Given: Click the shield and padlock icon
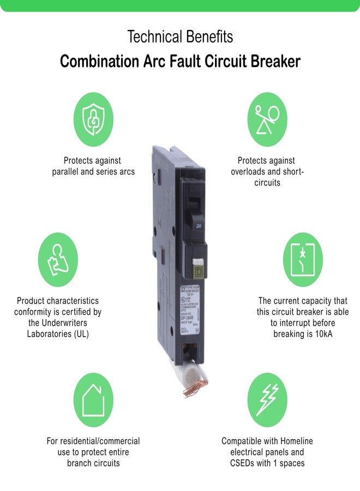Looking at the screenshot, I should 93,119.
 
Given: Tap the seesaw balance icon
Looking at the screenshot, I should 267,119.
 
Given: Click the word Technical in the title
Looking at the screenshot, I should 152,37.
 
